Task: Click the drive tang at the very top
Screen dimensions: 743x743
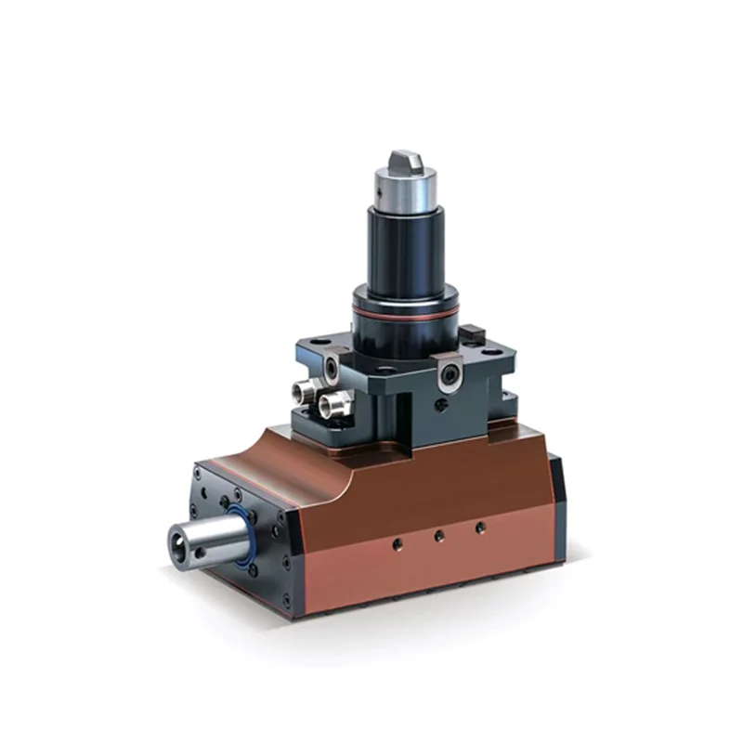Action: pyautogui.click(x=406, y=161)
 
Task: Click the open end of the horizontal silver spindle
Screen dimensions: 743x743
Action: pyautogui.click(x=177, y=541)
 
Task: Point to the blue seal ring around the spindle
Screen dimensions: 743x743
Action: pyautogui.click(x=243, y=539)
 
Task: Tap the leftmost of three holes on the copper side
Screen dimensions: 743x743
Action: pyautogui.click(x=397, y=544)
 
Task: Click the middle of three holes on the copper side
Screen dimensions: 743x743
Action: pyautogui.click(x=438, y=536)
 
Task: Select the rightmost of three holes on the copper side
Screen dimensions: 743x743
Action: pyautogui.click(x=479, y=528)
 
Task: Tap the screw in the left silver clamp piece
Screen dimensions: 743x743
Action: pyautogui.click(x=332, y=369)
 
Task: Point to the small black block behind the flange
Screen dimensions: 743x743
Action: pyautogui.click(x=473, y=332)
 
